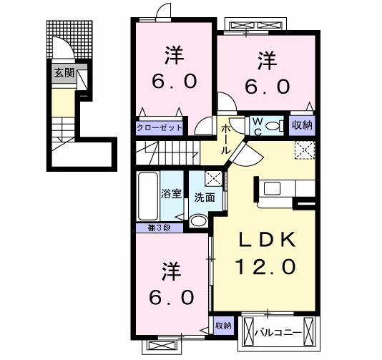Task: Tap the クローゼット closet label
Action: (x=159, y=128)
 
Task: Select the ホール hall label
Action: (x=225, y=138)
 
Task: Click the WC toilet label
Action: (x=255, y=125)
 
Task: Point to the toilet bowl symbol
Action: (x=272, y=125)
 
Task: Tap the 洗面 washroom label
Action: (x=205, y=198)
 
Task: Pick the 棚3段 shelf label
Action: (x=154, y=228)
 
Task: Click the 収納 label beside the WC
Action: (x=302, y=125)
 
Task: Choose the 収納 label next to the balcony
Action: (x=223, y=326)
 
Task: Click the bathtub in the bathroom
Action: (x=148, y=196)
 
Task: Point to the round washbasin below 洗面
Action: (x=198, y=221)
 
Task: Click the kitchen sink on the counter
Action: (x=273, y=188)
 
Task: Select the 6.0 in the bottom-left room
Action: (x=172, y=295)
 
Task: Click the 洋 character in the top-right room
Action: (x=268, y=59)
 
